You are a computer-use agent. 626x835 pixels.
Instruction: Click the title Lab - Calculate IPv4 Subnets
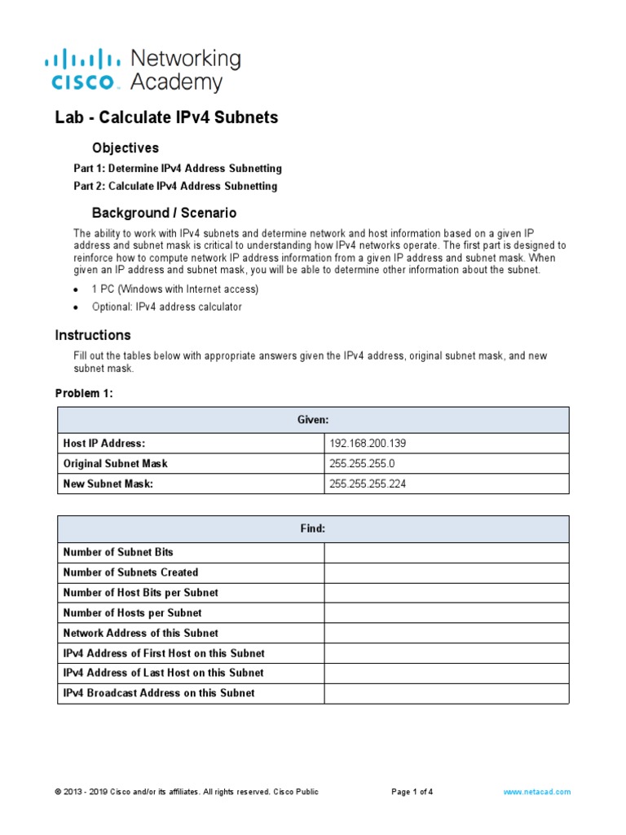(166, 117)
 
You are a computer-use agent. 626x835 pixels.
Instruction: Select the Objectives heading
(125, 148)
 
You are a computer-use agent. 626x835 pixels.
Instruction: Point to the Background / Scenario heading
(164, 213)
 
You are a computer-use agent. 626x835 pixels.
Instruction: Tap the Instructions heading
(92, 335)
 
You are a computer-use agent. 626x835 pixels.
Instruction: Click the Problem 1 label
(84, 394)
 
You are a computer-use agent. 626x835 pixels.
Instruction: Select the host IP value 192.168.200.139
(368, 444)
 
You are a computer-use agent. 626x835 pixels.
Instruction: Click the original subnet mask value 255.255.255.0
(363, 463)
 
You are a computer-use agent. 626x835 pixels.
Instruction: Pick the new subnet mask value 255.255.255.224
(368, 484)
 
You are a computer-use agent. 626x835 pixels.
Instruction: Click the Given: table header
(313, 420)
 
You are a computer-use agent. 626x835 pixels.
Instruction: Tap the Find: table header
(313, 528)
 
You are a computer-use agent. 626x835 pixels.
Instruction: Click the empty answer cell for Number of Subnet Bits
(446, 553)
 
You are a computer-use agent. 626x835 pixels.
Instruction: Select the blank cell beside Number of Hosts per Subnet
(446, 613)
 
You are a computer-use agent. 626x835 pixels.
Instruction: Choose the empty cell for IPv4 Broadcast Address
(446, 693)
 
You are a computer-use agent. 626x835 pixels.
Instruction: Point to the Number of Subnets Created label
(130, 572)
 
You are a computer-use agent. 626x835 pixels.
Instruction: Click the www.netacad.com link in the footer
(536, 792)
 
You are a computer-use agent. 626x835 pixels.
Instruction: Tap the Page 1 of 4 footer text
(412, 792)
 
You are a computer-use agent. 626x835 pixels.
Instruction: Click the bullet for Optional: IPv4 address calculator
(76, 308)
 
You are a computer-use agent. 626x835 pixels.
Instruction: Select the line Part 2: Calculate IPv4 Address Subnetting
(175, 186)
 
